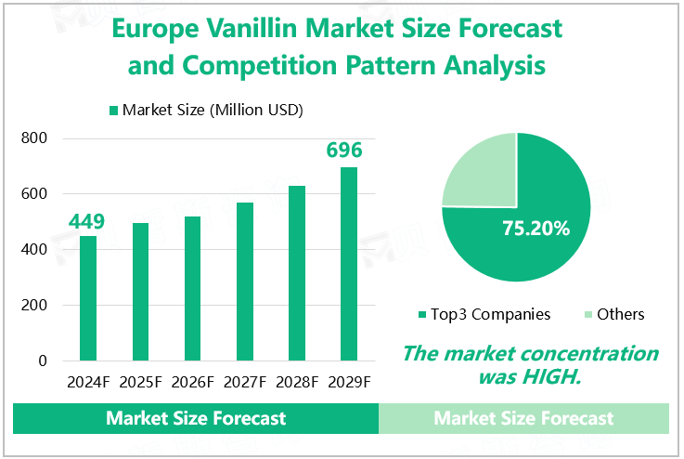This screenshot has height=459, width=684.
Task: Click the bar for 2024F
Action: [x=88, y=297]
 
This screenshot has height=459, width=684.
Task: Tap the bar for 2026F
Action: [x=193, y=288]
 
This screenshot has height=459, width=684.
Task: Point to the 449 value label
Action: [x=86, y=221]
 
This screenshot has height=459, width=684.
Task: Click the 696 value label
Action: [x=344, y=151]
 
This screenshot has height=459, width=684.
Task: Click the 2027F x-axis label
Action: [x=245, y=382]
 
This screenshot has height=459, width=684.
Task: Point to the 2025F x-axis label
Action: [x=140, y=382]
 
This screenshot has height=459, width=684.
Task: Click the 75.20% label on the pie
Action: [x=536, y=228]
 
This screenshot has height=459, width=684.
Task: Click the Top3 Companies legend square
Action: [x=422, y=315]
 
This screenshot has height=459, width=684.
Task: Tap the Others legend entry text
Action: [x=620, y=314]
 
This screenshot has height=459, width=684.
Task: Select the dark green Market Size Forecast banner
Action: [x=196, y=418]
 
